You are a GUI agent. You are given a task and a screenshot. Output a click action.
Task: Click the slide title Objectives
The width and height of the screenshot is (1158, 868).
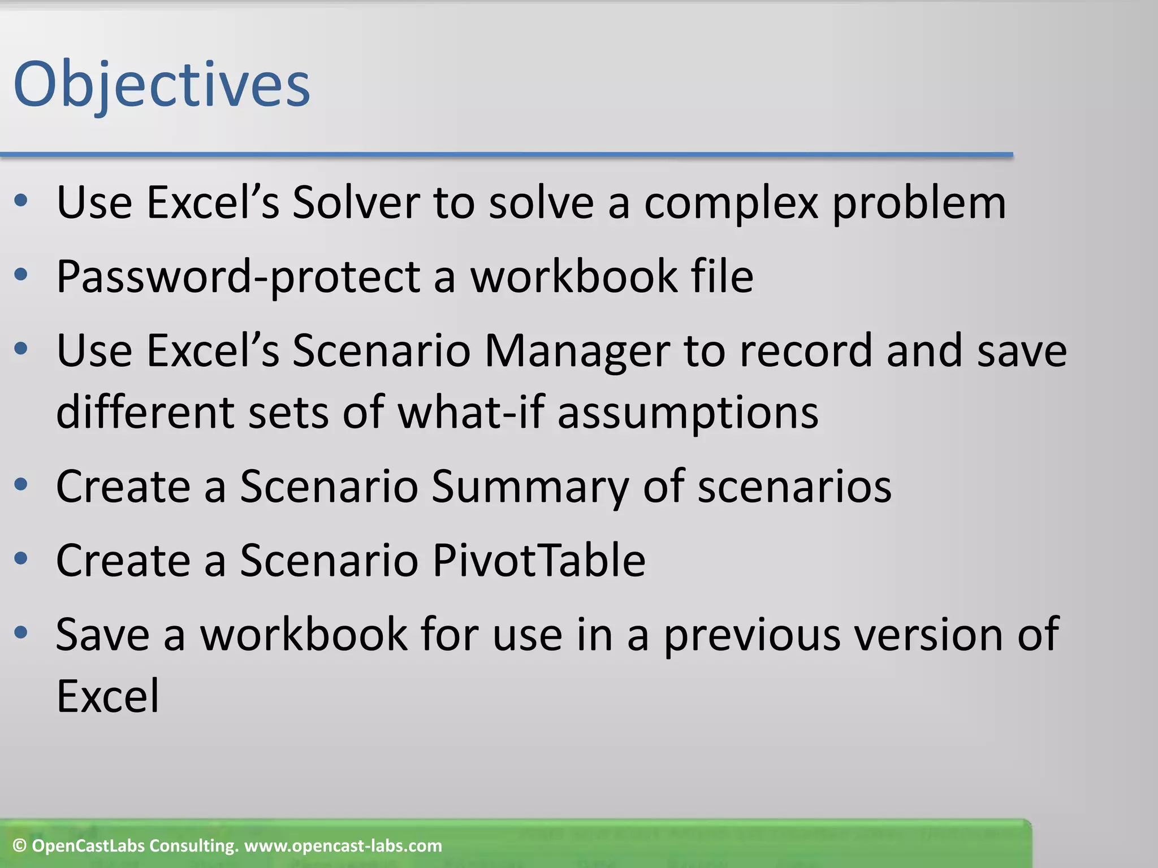(x=162, y=85)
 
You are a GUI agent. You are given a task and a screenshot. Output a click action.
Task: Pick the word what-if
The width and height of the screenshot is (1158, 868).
(x=471, y=412)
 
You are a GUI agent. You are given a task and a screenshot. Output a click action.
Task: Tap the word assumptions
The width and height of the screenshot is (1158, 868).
(x=688, y=412)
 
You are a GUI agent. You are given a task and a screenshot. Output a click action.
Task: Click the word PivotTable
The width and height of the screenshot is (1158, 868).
(x=538, y=561)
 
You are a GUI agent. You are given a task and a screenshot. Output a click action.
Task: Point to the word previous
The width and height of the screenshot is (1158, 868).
(x=751, y=635)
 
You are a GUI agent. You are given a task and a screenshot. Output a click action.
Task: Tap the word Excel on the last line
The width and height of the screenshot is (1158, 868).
(x=107, y=696)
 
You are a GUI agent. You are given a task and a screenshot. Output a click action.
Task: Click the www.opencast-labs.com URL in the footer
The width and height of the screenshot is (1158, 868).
(x=343, y=846)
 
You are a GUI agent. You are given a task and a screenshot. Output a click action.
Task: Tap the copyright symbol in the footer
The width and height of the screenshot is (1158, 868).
(x=20, y=846)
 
